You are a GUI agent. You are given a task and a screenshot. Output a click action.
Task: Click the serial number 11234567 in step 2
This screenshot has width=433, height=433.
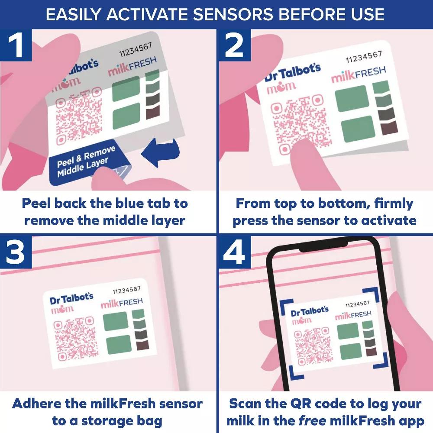tap(364, 57)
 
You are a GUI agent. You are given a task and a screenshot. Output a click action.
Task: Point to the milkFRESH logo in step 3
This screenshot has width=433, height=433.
tap(122, 303)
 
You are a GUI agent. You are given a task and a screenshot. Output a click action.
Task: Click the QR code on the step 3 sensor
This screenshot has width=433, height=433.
tap(75, 338)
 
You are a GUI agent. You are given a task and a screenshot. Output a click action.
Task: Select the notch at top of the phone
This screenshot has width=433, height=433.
tap(323, 246)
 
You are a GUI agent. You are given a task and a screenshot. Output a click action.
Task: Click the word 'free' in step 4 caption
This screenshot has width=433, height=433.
tap(312, 421)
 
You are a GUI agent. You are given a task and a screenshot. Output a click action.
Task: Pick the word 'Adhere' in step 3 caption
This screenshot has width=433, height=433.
tap(37, 404)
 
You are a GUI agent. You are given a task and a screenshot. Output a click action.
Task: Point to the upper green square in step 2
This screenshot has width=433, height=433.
tap(352, 99)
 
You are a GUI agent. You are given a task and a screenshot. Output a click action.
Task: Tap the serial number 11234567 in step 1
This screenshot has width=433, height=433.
tap(136, 50)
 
